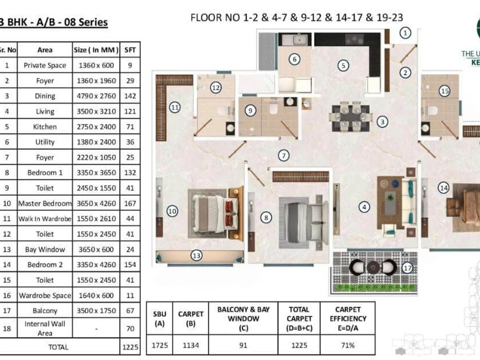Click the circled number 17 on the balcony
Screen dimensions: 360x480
pos(407,268)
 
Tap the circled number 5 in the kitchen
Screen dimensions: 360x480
pos(343,66)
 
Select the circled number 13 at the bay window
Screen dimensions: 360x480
pos(196,256)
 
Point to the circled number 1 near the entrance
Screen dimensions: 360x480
pos(405,33)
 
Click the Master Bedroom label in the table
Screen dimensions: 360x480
pos(45,204)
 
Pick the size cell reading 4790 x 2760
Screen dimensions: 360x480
pos(96,96)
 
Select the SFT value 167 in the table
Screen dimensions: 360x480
pos(130,204)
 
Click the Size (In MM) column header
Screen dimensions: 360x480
pos(96,50)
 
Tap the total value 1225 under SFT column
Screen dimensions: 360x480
pos(130,347)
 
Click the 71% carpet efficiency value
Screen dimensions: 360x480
pos(348,345)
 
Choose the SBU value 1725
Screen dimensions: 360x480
pos(159,345)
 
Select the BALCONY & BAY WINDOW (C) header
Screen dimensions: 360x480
pos(243,318)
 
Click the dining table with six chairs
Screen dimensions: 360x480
pos(351,117)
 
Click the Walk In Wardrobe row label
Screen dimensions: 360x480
pos(45,219)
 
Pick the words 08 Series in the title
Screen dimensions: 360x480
pos(86,22)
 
